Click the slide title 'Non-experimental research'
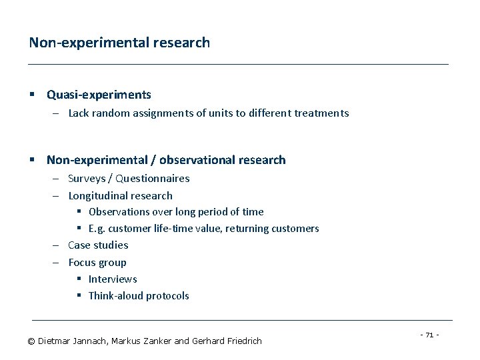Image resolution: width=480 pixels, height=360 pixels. click(x=119, y=43)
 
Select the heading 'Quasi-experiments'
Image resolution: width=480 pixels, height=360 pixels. click(x=99, y=95)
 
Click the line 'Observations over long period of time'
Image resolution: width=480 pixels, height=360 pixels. click(x=176, y=212)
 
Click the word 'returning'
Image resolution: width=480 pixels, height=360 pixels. click(x=245, y=229)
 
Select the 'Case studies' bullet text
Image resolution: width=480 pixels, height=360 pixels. click(x=98, y=245)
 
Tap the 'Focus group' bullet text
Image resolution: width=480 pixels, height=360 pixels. click(x=97, y=263)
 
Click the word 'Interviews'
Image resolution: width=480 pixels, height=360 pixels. click(x=113, y=279)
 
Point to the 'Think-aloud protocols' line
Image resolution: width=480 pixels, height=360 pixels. click(x=139, y=296)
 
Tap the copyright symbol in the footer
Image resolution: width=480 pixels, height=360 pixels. click(x=31, y=341)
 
